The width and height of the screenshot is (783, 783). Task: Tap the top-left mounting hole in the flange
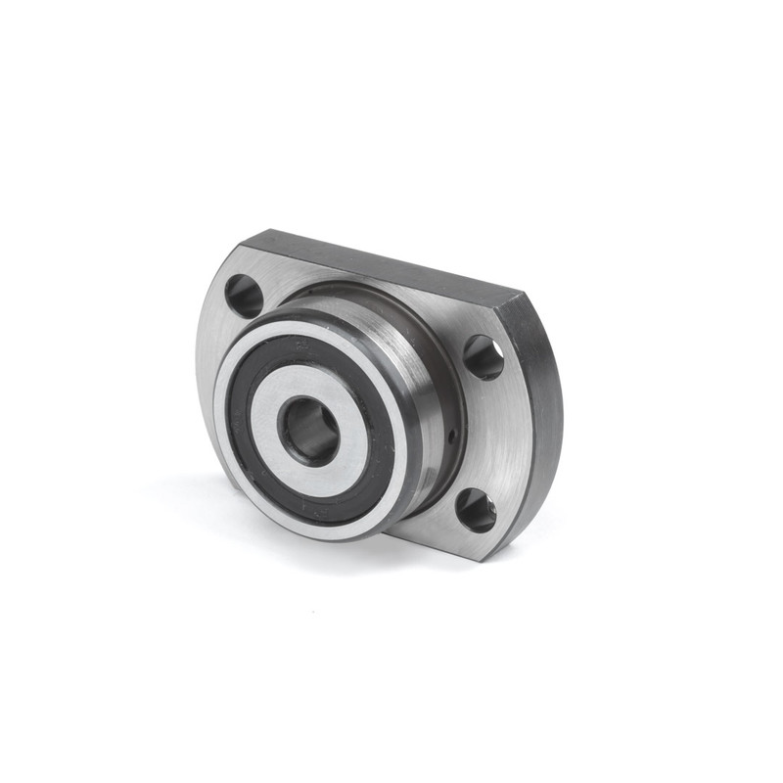click(x=243, y=295)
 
